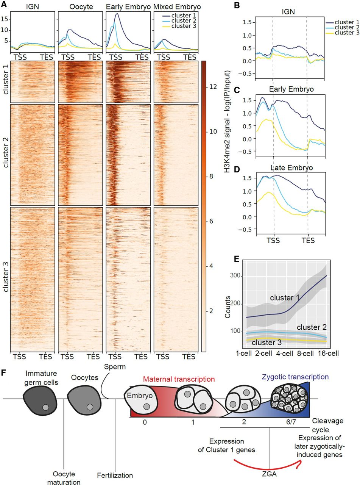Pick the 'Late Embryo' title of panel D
(289, 167)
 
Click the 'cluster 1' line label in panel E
(284, 298)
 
